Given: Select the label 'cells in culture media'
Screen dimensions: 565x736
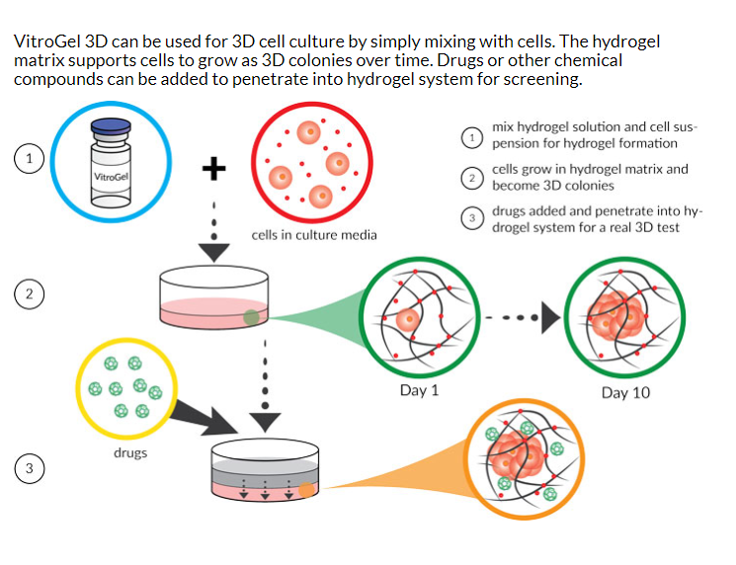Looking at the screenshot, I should point(313,235).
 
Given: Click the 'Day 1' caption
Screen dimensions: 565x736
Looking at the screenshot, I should point(419,391).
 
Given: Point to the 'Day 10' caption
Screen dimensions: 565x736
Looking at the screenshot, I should point(625,392).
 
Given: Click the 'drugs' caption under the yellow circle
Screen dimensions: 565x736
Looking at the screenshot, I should point(129,452).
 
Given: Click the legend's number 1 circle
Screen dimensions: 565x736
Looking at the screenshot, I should point(474,135).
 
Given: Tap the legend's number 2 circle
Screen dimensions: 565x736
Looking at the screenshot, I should point(474,177).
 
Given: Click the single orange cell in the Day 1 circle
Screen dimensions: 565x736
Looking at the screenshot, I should point(408,320).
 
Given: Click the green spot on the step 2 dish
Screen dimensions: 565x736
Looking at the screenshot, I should point(252,317).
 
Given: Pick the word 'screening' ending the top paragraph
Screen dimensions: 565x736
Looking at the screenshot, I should point(542,79).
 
